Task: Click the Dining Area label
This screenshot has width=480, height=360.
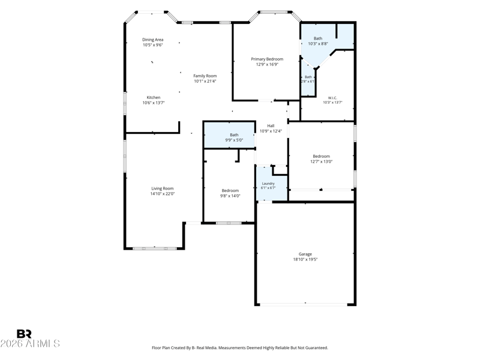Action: pyautogui.click(x=152, y=40)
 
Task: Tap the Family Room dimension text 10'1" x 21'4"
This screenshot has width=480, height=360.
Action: pyautogui.click(x=205, y=81)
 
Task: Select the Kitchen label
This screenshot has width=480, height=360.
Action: pyautogui.click(x=154, y=97)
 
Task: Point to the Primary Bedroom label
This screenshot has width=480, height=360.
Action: pyautogui.click(x=267, y=59)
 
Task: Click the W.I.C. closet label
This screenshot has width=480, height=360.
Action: pyautogui.click(x=332, y=98)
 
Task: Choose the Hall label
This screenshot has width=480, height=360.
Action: pyautogui.click(x=271, y=125)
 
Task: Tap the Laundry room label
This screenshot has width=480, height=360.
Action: pyautogui.click(x=268, y=184)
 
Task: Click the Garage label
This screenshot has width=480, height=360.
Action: pyautogui.click(x=305, y=254)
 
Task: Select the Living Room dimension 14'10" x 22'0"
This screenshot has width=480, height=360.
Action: pyautogui.click(x=162, y=194)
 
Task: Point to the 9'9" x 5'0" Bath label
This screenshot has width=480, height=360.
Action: pyautogui.click(x=234, y=137)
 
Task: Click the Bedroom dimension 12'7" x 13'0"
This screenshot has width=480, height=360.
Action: pyautogui.click(x=321, y=161)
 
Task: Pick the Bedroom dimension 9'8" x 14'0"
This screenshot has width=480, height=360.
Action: pyautogui.click(x=230, y=196)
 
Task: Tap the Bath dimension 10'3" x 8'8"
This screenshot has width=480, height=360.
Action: pyautogui.click(x=318, y=44)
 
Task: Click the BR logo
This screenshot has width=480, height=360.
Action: pyautogui.click(x=24, y=334)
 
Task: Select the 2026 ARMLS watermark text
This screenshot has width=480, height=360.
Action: pyautogui.click(x=30, y=343)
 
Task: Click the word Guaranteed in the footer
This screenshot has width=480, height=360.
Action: pyautogui.click(x=316, y=348)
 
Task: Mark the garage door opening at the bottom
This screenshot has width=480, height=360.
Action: pyautogui.click(x=304, y=305)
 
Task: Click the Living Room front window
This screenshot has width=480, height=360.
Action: pyautogui.click(x=154, y=248)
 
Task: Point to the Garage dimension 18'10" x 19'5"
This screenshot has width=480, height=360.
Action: pyautogui.click(x=305, y=259)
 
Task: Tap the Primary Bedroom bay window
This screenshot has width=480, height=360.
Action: pyautogui.click(x=274, y=12)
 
